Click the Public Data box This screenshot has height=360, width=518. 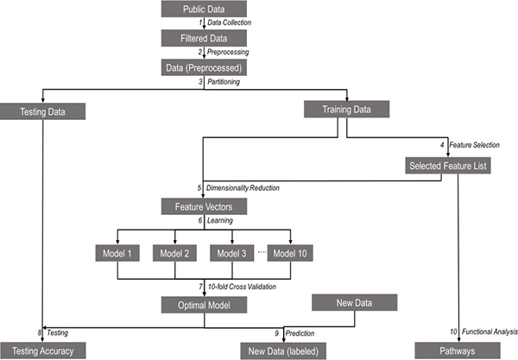pos(203,10)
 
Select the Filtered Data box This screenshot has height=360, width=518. pos(203,39)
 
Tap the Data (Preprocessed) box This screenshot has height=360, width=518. pos(203,66)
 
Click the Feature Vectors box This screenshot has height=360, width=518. pos(203,206)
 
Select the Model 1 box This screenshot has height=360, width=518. pos(117,253)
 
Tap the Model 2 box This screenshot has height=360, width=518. pos(175,253)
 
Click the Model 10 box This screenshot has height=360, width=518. pos(290,253)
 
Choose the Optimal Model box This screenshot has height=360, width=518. pos(203,304)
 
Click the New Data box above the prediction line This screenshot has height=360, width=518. pos(354,302)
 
